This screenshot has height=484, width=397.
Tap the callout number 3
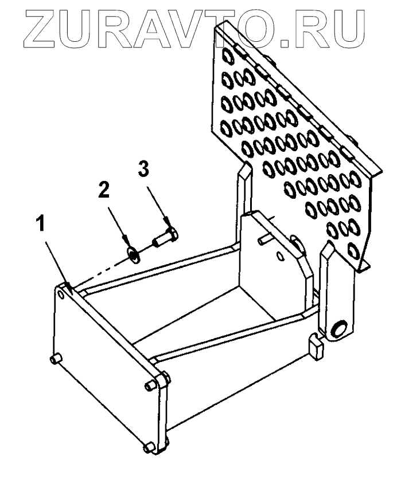(145, 169)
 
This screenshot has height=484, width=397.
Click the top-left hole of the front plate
(61, 293)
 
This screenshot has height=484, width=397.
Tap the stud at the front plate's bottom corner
(148, 446)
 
